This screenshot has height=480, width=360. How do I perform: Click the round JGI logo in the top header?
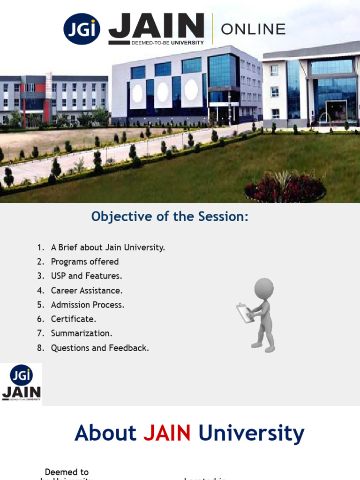point(82,29)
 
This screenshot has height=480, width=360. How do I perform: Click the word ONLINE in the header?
point(253,30)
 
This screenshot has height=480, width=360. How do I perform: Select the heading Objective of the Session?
point(170,217)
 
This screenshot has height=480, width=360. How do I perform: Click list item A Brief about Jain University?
point(108,247)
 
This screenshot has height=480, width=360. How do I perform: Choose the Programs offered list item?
point(85,262)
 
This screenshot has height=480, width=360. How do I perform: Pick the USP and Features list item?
point(86,276)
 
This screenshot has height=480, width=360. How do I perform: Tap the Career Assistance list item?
point(87,291)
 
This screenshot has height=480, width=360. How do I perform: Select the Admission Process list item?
point(88,305)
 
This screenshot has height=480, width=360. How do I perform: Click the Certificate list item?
point(74,319)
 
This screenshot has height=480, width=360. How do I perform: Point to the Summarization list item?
point(82,333)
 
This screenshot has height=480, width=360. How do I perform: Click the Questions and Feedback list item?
point(100,348)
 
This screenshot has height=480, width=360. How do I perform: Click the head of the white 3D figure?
point(264,288)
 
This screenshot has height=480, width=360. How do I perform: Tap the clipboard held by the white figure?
point(244,313)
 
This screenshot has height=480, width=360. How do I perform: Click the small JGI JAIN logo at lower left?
point(21,383)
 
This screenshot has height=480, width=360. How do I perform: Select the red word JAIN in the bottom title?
point(167,433)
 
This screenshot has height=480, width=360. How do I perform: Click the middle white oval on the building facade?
point(163,92)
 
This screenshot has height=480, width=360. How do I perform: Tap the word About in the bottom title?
point(105,433)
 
